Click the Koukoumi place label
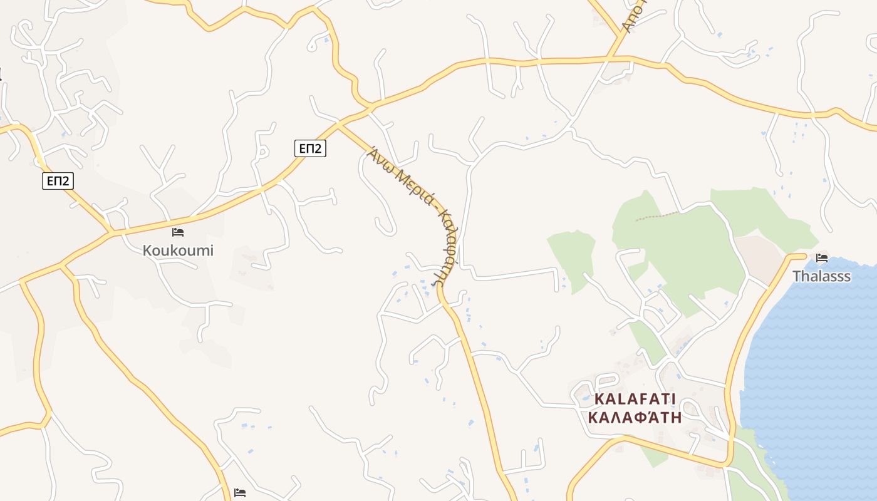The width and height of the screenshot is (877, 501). point(178,250)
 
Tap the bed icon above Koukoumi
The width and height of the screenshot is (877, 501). point(178,232)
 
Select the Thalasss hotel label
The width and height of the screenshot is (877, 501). point(821,276)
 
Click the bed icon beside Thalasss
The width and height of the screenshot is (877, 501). point(821,257)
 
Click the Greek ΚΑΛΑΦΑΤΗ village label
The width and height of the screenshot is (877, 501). point(635,417)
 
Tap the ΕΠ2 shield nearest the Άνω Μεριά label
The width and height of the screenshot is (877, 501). point(310,148)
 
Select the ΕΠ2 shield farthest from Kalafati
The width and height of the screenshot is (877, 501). point(58,182)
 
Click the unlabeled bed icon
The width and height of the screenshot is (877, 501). point(240,493)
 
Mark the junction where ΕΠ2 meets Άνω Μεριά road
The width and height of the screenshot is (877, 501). point(338,125)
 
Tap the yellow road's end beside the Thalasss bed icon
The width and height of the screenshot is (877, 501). point(804,255)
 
